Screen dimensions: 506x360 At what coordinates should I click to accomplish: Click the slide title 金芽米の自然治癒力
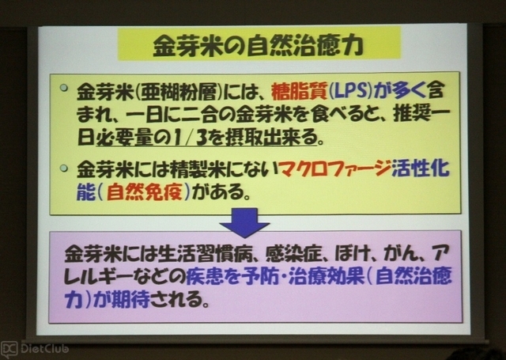click(x=259, y=46)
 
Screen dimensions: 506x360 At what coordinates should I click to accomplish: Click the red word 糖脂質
click(x=300, y=92)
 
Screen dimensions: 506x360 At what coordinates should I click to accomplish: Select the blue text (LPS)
click(x=350, y=92)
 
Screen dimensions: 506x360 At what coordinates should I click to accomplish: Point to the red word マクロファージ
click(x=335, y=169)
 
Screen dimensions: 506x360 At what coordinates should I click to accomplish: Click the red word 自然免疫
click(x=145, y=192)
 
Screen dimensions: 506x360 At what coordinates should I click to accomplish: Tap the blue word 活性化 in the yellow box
click(x=421, y=169)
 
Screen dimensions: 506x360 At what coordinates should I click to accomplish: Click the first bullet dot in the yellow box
click(x=64, y=88)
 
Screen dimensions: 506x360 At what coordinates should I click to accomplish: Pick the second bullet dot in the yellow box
click(x=64, y=168)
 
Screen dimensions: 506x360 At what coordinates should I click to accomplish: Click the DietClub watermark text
click(x=44, y=349)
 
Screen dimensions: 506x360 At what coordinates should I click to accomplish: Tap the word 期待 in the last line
click(x=130, y=299)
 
